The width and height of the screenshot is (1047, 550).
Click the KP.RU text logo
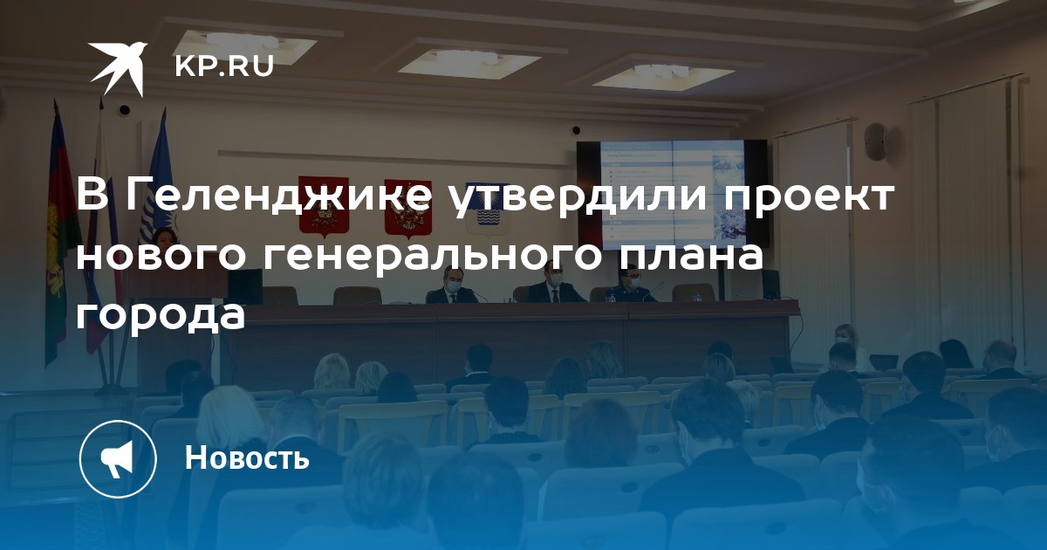click(224, 67)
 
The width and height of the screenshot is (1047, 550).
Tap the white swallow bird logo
click(119, 68)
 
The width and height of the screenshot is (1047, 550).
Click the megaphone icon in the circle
click(117, 459)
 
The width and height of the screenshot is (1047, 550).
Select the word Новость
click(247, 457)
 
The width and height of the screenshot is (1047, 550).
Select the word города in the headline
click(161, 317)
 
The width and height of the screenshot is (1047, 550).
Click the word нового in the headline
click(161, 258)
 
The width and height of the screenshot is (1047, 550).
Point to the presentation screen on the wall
click(672, 196)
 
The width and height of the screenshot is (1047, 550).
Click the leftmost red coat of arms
click(324, 205)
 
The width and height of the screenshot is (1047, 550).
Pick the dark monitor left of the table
click(244, 286)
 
